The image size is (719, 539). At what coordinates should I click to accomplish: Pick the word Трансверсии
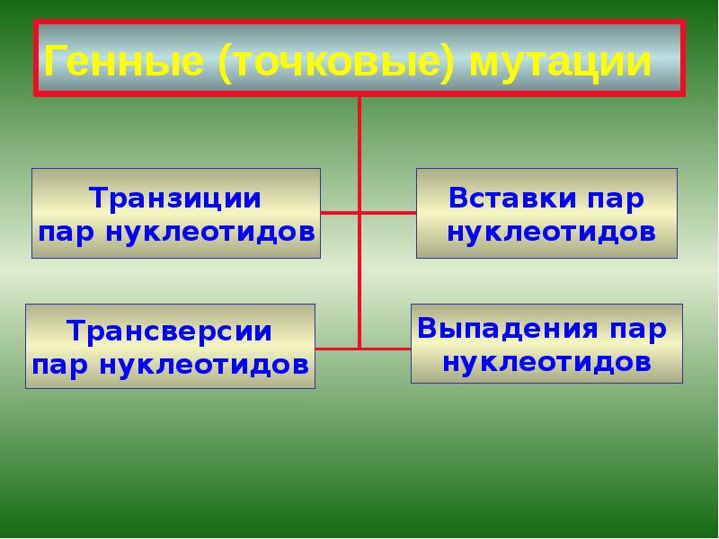[x=170, y=331]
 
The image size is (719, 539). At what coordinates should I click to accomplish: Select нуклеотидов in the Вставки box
[x=551, y=232]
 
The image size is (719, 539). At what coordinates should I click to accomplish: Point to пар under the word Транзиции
[x=67, y=232]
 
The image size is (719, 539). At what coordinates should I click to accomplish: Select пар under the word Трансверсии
[x=60, y=366]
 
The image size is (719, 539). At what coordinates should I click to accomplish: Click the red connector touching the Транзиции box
[x=340, y=213]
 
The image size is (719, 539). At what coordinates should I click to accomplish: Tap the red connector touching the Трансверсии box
[x=337, y=348]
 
